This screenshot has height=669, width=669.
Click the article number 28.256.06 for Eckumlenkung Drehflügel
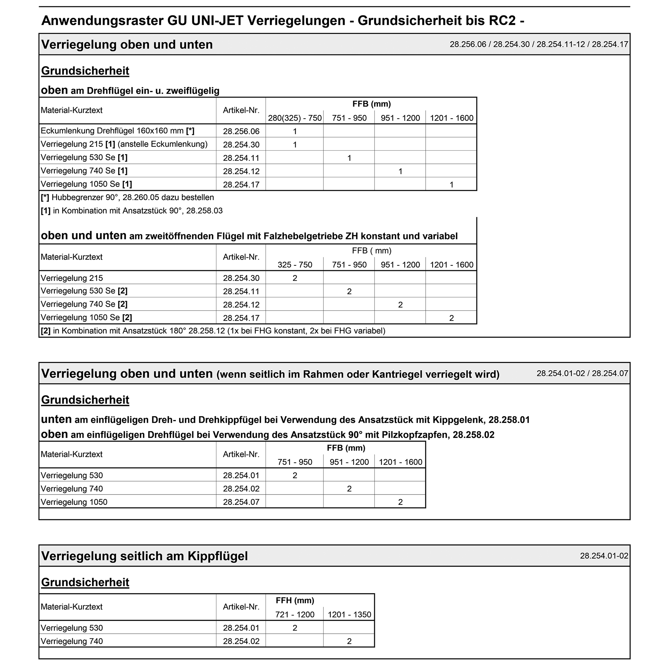241,131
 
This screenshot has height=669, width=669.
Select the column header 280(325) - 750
295,118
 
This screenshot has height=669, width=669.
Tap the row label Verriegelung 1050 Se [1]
86,184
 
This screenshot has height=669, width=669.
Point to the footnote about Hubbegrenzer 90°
127,198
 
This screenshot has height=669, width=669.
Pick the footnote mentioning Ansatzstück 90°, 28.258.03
132,211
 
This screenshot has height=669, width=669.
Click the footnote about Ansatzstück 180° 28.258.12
213,331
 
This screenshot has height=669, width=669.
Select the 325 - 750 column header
295,265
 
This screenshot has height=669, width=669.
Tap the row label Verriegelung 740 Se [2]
84,304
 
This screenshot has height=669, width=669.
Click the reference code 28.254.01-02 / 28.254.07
582,373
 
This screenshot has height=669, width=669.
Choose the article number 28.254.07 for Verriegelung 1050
241,502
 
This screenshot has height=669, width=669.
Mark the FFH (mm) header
295,600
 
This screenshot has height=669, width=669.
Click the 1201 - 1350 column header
349,615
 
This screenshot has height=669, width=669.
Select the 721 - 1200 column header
295,615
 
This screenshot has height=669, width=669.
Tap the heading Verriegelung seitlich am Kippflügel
144,557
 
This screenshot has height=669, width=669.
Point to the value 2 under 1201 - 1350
349,641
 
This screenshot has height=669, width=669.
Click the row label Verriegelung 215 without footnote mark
72,278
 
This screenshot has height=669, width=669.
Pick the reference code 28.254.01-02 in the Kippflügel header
604,556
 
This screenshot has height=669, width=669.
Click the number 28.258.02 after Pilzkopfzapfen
473,435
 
